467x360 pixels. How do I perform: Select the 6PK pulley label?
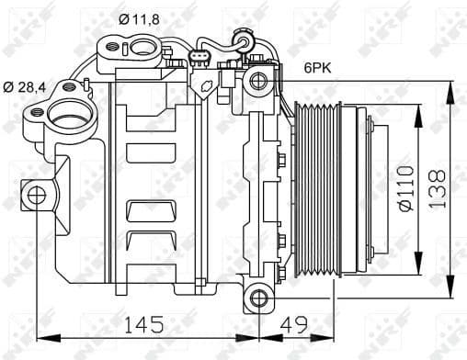[x=320, y=67]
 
